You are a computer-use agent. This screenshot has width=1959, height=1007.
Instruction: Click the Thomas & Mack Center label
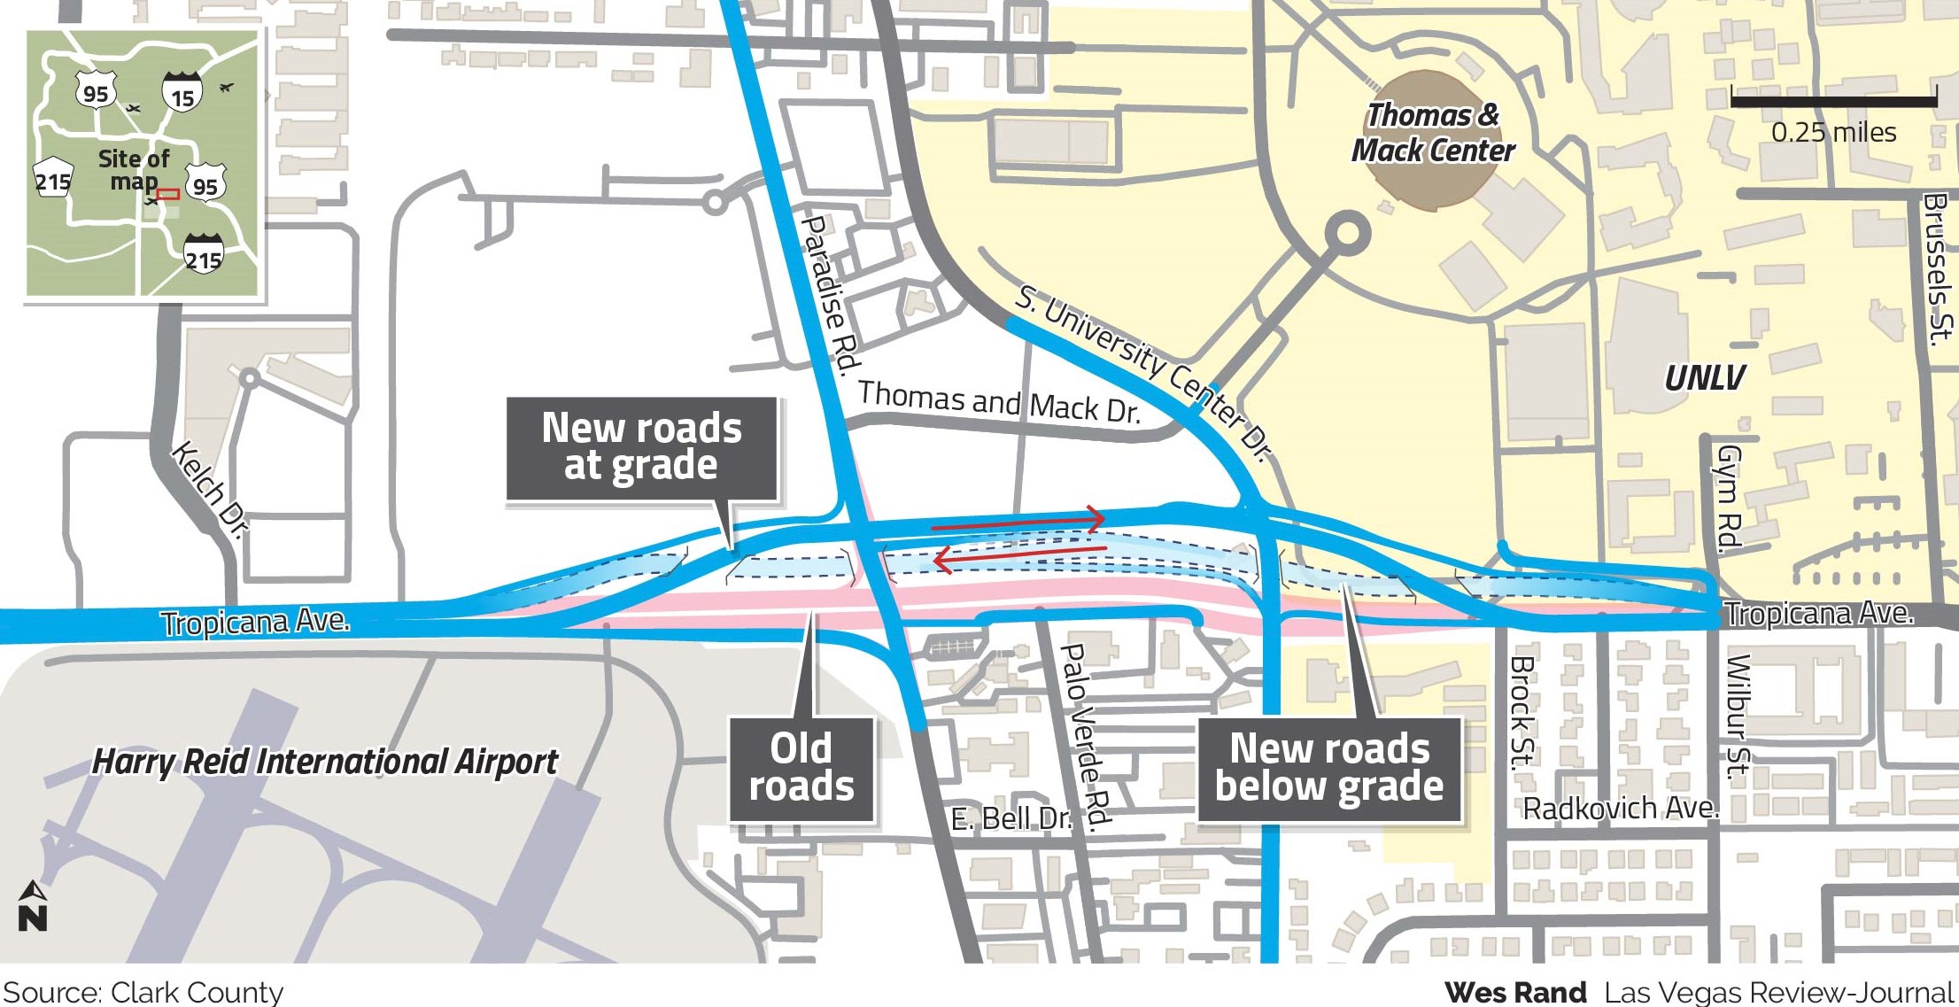point(1432,133)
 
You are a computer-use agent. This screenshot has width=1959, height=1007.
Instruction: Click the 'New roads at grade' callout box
point(641,448)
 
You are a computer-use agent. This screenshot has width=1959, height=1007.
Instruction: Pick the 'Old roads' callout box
point(801,768)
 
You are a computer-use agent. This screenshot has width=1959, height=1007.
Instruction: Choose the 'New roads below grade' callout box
point(1328,768)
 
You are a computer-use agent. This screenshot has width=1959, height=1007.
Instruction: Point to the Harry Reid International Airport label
point(325,762)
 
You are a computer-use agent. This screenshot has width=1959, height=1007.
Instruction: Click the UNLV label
point(1703,378)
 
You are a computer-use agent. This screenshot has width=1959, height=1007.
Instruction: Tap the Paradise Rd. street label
point(830,292)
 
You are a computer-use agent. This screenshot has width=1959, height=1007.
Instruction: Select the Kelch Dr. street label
point(210,488)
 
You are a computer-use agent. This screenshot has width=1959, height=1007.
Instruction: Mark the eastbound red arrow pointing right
point(1018,522)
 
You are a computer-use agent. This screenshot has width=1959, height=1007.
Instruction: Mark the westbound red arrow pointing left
point(1018,556)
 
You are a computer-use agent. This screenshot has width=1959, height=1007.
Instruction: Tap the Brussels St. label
point(1937,266)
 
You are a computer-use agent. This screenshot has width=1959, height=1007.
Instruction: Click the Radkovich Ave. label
point(1620,809)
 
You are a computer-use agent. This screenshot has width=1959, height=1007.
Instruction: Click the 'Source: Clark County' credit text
point(143,992)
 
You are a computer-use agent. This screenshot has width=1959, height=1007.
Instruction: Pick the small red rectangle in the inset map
point(168,193)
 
